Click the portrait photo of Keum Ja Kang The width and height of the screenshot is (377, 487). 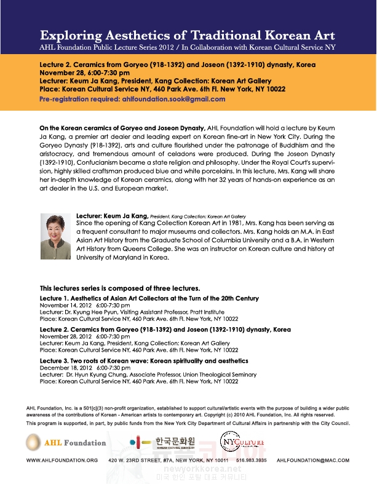click(x=55, y=236)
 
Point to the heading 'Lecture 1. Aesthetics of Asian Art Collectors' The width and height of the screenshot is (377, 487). click(x=149, y=298)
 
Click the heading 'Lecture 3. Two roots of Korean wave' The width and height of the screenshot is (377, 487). click(x=144, y=360)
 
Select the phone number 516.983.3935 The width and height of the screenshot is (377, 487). click(x=253, y=460)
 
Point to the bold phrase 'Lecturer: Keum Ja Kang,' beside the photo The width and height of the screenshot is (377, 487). click(x=111, y=216)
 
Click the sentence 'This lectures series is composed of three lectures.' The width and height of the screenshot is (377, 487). click(x=120, y=288)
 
